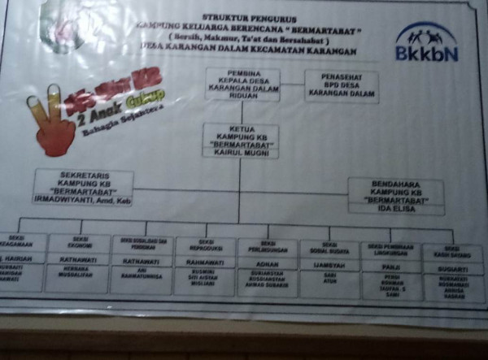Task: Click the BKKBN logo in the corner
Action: [x=425, y=42]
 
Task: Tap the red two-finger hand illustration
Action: [x=50, y=122]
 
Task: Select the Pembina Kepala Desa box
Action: [x=242, y=83]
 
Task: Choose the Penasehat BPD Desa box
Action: [x=342, y=85]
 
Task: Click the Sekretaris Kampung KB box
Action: [x=83, y=186]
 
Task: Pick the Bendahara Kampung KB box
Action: [x=396, y=196]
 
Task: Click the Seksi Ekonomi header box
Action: [x=79, y=242]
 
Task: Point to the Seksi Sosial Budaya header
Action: [x=329, y=247]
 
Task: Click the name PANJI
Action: [x=391, y=265]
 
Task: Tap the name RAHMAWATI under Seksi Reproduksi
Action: [x=205, y=262]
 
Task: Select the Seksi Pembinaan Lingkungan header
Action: [x=391, y=248]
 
